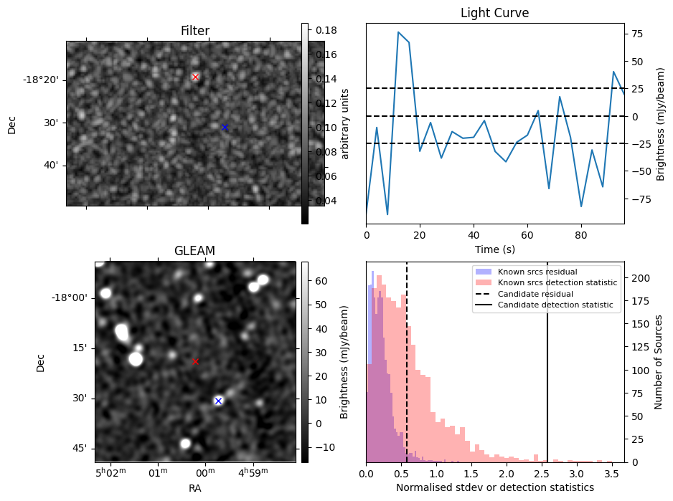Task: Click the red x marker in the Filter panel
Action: pos(195,77)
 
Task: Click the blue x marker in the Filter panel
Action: pos(225,128)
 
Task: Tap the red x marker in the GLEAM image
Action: pos(195,361)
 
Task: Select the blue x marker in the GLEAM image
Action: pos(218,401)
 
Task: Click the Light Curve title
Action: pos(494,13)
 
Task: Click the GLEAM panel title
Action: pos(194,251)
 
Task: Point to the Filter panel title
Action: pos(194,31)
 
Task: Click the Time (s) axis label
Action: pos(494,249)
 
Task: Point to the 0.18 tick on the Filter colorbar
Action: pos(326,30)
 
